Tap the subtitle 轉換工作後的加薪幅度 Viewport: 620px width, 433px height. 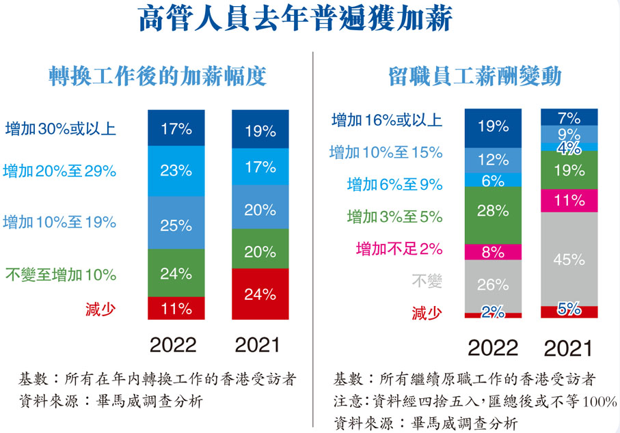click(157, 76)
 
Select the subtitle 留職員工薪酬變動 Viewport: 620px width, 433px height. click(474, 76)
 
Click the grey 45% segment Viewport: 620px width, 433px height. click(569, 259)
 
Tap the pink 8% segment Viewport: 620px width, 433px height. click(492, 251)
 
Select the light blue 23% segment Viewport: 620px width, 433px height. click(176, 171)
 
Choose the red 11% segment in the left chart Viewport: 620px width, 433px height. click(176, 308)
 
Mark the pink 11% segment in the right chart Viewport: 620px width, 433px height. click(569, 201)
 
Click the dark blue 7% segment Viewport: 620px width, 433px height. click(569, 117)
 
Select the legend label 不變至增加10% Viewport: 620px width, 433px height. click(61, 275)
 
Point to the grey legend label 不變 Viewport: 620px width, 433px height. click(427, 281)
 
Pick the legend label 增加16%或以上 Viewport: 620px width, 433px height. click(387, 121)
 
